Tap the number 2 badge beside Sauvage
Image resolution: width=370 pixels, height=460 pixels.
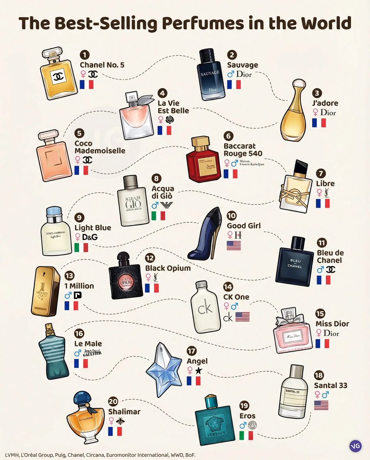232,55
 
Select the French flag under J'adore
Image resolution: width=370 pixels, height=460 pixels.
319,123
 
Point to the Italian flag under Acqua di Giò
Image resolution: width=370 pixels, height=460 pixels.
158,215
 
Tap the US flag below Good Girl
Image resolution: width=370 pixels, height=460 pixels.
233,245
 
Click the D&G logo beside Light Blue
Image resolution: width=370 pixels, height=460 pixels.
90,237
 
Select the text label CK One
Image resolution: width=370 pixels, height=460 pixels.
236,297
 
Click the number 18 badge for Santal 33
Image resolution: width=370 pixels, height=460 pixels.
318,375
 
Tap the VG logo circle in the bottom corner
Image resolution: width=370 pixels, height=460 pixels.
355,446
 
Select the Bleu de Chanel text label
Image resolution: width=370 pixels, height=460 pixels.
330,256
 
